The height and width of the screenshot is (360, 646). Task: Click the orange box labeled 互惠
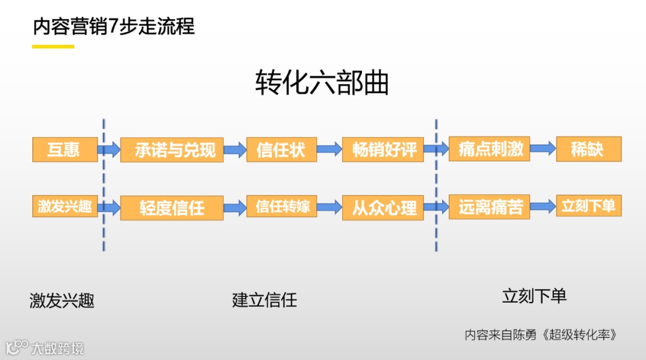pyautogui.click(x=65, y=149)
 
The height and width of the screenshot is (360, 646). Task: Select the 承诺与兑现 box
pyautogui.click(x=172, y=150)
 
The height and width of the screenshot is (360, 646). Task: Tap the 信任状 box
pyautogui.click(x=281, y=150)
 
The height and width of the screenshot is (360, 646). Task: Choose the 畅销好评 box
pyautogui.click(x=383, y=150)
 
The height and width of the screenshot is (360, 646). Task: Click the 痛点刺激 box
pyautogui.click(x=489, y=150)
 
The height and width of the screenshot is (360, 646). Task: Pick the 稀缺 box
pyautogui.click(x=589, y=149)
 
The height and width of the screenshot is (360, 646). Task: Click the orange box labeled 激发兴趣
pyautogui.click(x=65, y=207)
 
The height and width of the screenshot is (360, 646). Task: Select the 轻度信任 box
pyautogui.click(x=172, y=208)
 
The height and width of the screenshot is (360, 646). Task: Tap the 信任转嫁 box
pyautogui.click(x=281, y=207)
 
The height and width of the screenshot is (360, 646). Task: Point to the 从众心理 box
pyautogui.click(x=383, y=208)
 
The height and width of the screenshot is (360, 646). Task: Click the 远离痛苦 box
pyautogui.click(x=489, y=207)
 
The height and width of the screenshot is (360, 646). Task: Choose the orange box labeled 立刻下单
pyautogui.click(x=589, y=206)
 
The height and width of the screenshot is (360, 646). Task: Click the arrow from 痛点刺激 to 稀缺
pyautogui.click(x=543, y=149)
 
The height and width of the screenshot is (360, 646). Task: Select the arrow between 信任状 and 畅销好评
pyautogui.click(x=329, y=149)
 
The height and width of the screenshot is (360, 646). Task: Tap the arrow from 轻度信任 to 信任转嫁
pyautogui.click(x=235, y=207)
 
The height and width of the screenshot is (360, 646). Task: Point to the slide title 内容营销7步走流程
pyautogui.click(x=114, y=27)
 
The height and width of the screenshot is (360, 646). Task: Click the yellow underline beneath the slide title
pyautogui.click(x=53, y=46)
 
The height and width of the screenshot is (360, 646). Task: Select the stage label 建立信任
pyautogui.click(x=264, y=300)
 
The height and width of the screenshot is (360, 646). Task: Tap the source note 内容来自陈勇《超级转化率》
pyautogui.click(x=540, y=335)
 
